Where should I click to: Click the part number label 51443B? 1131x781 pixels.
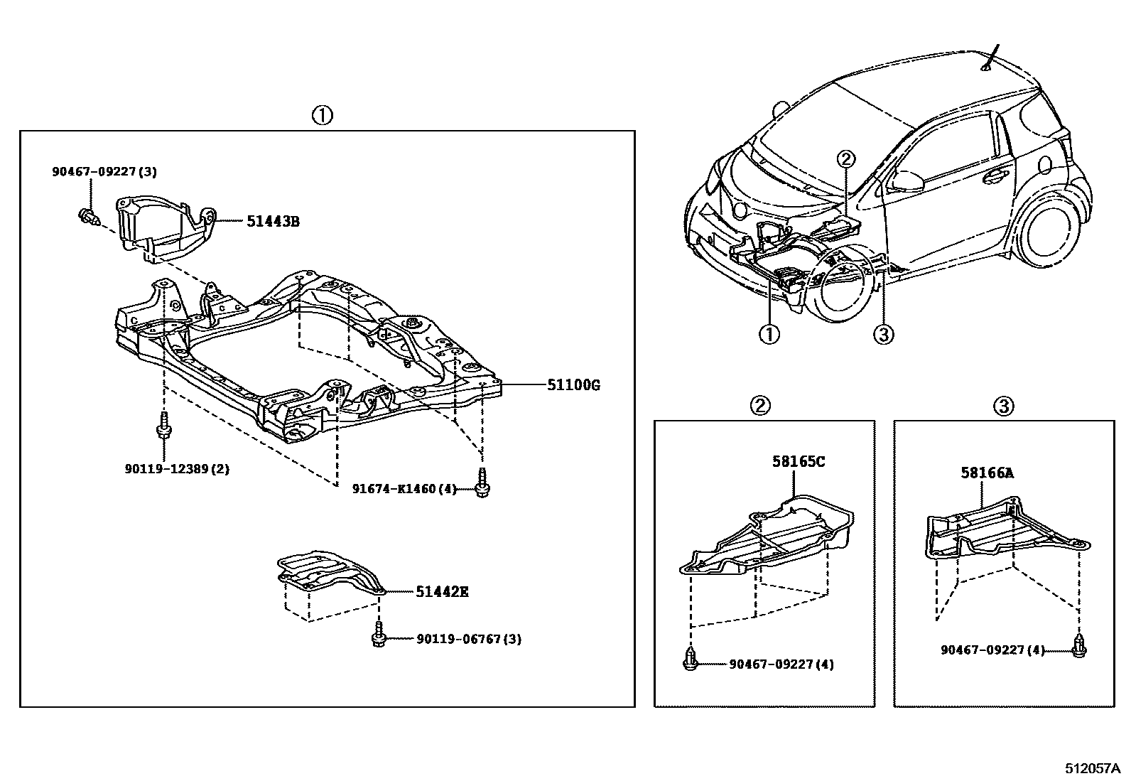coord(273,222)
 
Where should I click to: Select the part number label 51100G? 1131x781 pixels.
coord(573,386)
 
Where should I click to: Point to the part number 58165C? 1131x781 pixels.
coord(799,462)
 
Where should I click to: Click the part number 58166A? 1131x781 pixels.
coord(987,472)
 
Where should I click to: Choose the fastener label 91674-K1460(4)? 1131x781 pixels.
coord(405,489)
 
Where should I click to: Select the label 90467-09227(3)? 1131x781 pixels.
coord(104,171)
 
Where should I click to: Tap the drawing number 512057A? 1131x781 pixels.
coord(1092,769)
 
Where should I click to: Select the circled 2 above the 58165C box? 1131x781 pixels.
coord(759,406)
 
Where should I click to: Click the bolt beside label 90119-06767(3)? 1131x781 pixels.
coord(379,635)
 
